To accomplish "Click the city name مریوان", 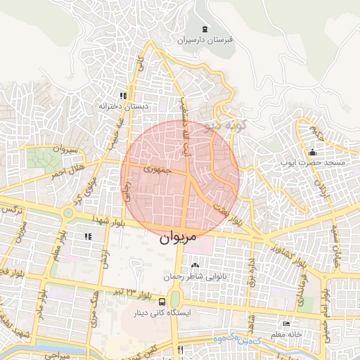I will (180, 238).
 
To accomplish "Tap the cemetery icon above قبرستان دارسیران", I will (205, 29).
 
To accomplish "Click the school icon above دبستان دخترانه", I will (123, 96).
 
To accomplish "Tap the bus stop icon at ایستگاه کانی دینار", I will (143, 302).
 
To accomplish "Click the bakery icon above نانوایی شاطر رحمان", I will (195, 266).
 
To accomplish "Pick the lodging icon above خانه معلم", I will (285, 323).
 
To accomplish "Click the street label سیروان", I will (63, 149).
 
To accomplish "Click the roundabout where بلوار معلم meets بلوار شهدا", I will (68, 212).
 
